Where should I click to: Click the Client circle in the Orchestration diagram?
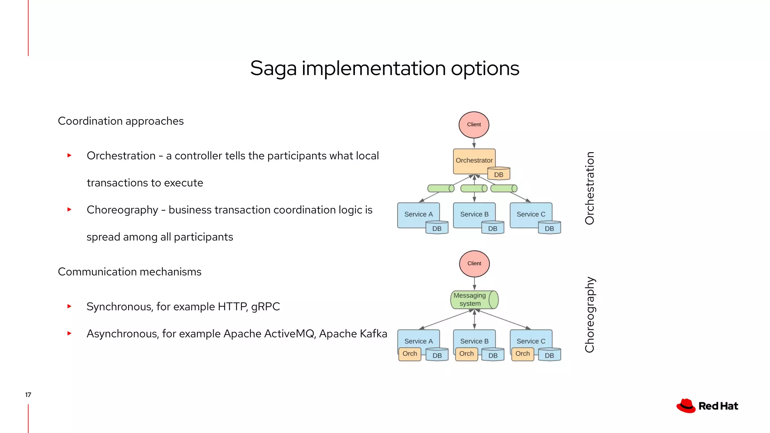474,124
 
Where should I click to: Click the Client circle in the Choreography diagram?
474,263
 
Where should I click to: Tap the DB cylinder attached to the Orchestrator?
499,174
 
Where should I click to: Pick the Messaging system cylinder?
474,300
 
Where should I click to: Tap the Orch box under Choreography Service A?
409,354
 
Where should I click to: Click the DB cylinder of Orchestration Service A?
437,228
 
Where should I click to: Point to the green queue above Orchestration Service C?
504,188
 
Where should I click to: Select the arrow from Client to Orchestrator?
474,143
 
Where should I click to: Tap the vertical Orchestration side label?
590,188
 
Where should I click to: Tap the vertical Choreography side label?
590,315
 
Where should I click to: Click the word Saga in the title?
273,69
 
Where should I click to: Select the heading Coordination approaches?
121,121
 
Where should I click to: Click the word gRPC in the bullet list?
265,307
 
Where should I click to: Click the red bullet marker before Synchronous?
69,306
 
